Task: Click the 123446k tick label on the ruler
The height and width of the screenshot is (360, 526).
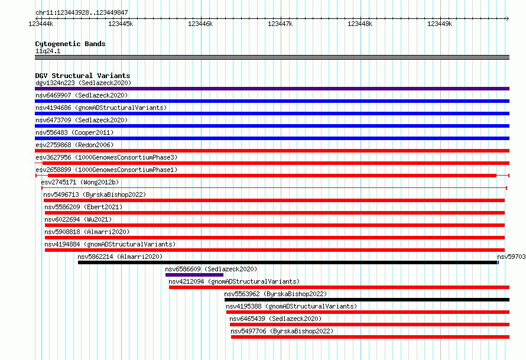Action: (200, 24)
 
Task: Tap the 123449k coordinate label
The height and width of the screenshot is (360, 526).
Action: (440, 24)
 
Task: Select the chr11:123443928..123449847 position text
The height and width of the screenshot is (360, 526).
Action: (82, 12)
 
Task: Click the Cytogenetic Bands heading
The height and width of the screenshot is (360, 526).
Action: (70, 44)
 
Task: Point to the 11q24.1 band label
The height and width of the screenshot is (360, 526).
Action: (48, 51)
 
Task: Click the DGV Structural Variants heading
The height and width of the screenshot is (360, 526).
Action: (83, 76)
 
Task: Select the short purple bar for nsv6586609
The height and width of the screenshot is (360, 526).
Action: (194, 275)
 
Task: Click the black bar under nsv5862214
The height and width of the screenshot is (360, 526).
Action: (287, 262)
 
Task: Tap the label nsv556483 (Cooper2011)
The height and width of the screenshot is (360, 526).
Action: (74, 132)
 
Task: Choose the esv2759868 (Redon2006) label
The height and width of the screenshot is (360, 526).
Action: (74, 145)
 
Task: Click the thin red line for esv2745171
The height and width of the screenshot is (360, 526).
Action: (274, 188)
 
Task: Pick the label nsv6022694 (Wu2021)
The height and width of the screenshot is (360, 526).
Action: (78, 219)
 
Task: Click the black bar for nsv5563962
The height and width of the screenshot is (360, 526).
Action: (367, 300)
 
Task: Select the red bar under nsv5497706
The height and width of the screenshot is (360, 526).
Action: (371, 337)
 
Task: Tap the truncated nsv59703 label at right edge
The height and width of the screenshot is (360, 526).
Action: (511, 257)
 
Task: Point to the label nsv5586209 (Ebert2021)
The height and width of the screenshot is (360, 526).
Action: (83, 207)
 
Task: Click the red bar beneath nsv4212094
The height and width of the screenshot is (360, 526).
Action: (339, 287)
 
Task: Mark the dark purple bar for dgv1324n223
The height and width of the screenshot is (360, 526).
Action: (272, 89)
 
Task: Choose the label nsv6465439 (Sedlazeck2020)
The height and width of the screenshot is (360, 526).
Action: (275, 319)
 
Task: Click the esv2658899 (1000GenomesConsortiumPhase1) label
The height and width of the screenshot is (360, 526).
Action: (106, 170)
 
